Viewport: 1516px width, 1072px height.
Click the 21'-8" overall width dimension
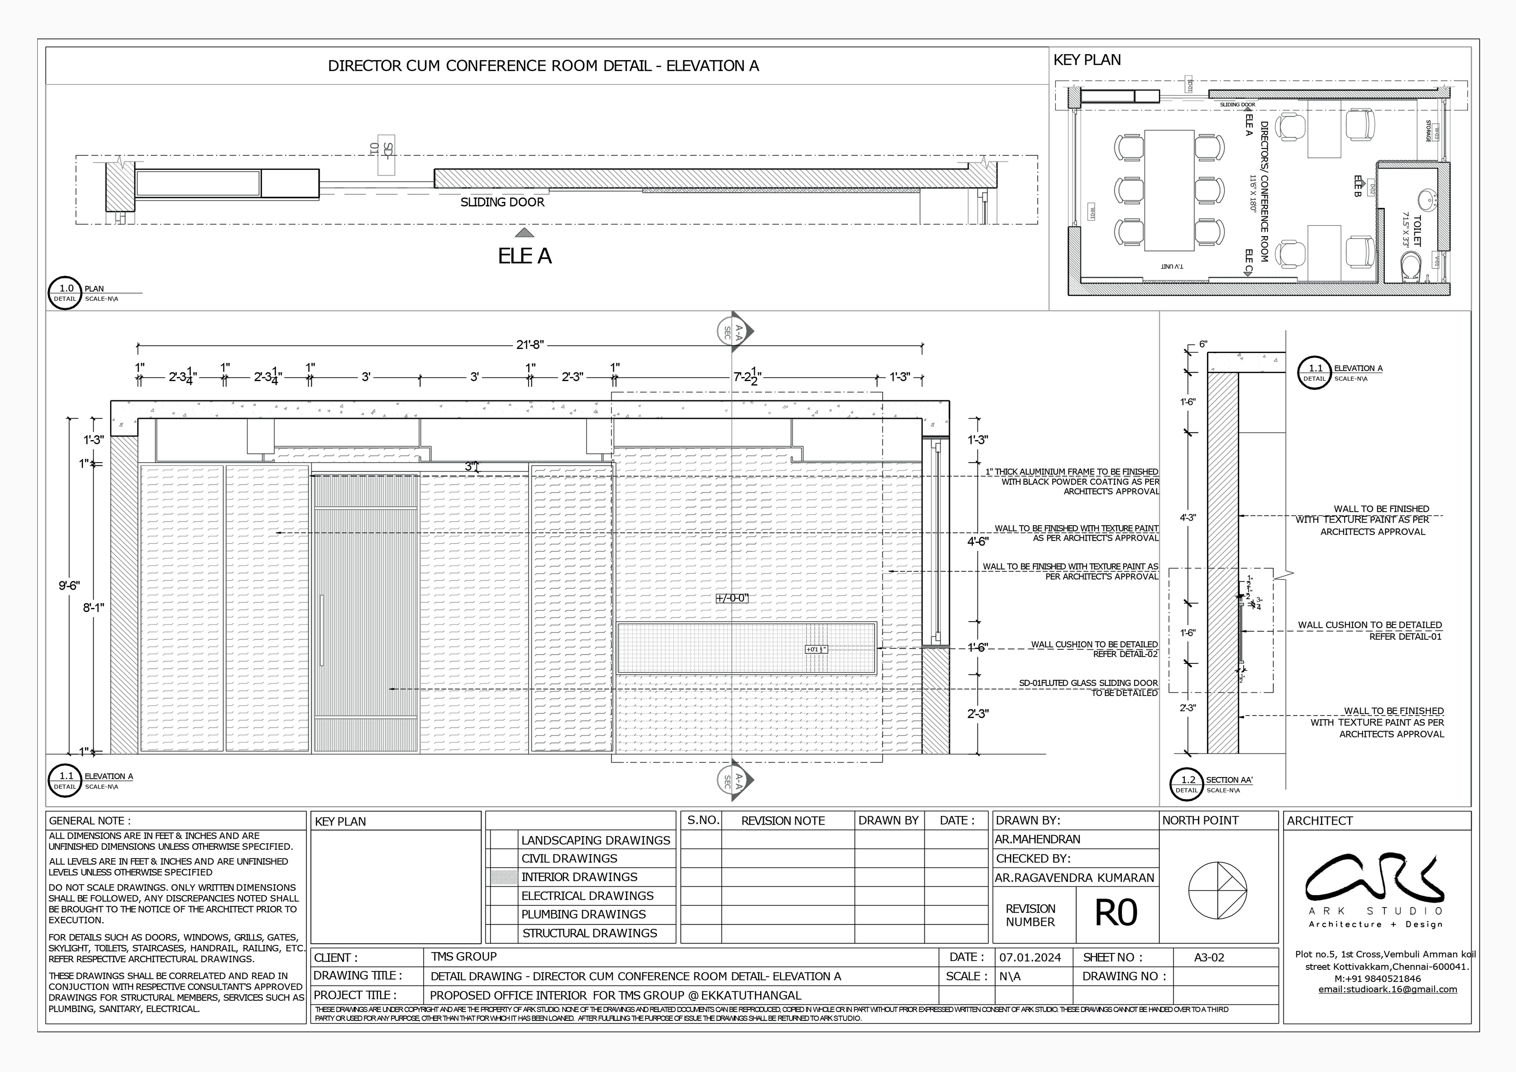click(x=530, y=345)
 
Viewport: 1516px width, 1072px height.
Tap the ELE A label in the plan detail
click(x=524, y=256)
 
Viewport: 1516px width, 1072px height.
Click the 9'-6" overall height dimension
click(x=69, y=585)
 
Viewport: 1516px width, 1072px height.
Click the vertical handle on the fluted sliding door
click(x=321, y=630)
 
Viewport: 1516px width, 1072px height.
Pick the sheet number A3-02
click(x=1209, y=957)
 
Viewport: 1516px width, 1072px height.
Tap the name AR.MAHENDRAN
click(x=1037, y=839)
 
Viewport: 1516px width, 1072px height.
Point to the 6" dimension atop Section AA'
click(x=1203, y=344)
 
